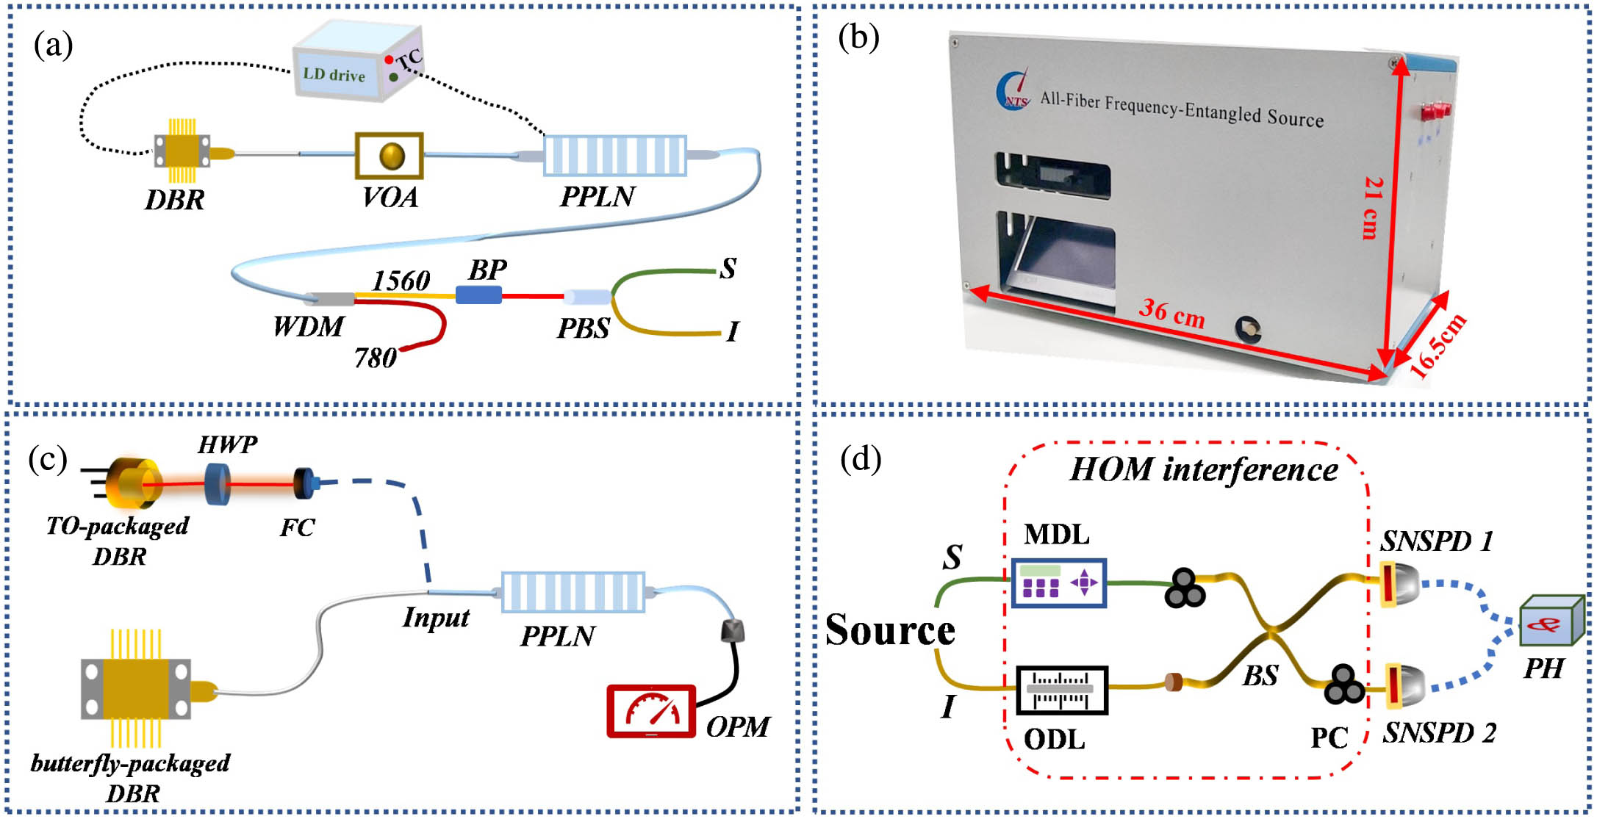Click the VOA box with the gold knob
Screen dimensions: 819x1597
click(390, 156)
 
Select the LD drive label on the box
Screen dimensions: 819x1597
click(334, 74)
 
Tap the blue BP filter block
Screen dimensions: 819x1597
click(478, 295)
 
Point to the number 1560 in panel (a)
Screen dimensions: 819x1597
click(401, 280)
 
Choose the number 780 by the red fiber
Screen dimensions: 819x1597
click(376, 358)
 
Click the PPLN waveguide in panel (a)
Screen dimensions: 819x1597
click(614, 156)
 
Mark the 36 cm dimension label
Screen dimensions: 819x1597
click(1171, 313)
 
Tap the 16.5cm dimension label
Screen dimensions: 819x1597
click(1438, 345)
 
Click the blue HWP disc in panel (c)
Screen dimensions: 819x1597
click(217, 484)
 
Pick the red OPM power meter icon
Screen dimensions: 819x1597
click(651, 711)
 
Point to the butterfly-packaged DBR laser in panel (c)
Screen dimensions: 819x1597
click(137, 689)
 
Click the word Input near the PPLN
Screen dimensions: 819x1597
click(436, 617)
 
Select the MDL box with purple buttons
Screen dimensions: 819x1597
click(1058, 583)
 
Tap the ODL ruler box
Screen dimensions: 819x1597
click(1061, 690)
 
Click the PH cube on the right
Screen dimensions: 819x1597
click(1551, 621)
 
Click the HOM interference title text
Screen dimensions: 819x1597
click(1203, 469)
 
